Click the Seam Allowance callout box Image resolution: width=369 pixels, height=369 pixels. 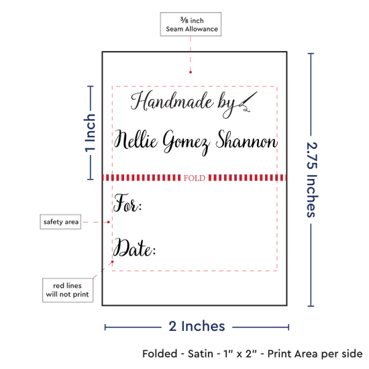pyautogui.click(x=191, y=24)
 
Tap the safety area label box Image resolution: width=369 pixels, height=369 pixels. pyautogui.click(x=60, y=221)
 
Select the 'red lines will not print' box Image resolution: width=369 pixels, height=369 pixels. pyautogui.click(x=68, y=290)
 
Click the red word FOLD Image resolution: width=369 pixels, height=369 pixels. pyautogui.click(x=195, y=178)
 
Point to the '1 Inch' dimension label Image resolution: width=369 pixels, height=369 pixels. pyautogui.click(x=90, y=133)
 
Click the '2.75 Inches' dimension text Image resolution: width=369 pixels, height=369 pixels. pyautogui.click(x=312, y=180)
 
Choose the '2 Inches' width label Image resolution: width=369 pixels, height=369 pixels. pyautogui.click(x=197, y=326)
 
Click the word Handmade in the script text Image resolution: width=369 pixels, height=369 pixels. pyautogui.click(x=172, y=101)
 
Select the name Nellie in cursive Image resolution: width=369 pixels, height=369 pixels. pyautogui.click(x=136, y=140)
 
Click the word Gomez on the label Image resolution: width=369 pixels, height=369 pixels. pyautogui.click(x=187, y=142)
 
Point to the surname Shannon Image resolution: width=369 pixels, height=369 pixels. pyautogui.click(x=247, y=140)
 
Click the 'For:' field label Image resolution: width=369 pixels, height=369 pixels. pyautogui.click(x=127, y=203)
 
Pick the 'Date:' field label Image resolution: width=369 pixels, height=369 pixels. pyautogui.click(x=134, y=247)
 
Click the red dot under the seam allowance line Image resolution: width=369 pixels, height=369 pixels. pyautogui.click(x=191, y=72)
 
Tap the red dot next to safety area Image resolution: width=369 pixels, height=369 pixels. pyautogui.click(x=109, y=222)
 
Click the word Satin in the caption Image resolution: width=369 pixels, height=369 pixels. pyautogui.click(x=201, y=354)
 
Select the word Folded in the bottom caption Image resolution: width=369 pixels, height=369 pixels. pyautogui.click(x=160, y=354)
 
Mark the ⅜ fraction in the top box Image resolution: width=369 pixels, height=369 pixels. pyautogui.click(x=184, y=20)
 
